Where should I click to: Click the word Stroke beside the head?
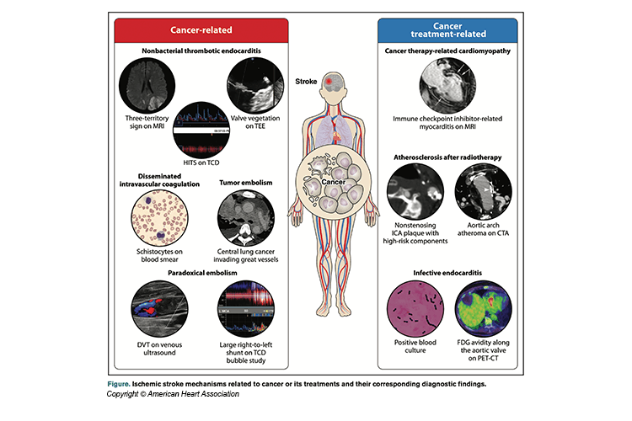coord(308,82)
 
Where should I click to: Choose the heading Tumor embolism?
coord(244,179)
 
